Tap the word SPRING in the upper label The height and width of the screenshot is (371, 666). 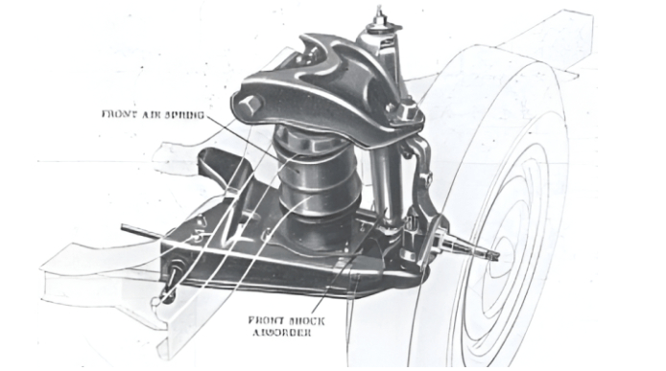[x=184, y=115]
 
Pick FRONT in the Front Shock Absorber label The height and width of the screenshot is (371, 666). [x=265, y=320]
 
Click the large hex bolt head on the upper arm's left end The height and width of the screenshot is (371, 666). [x=249, y=104]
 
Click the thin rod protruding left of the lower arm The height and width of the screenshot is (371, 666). [x=141, y=230]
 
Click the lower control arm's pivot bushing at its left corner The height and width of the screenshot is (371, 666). [x=174, y=276]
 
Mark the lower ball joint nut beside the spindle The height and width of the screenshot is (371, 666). [x=411, y=229]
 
